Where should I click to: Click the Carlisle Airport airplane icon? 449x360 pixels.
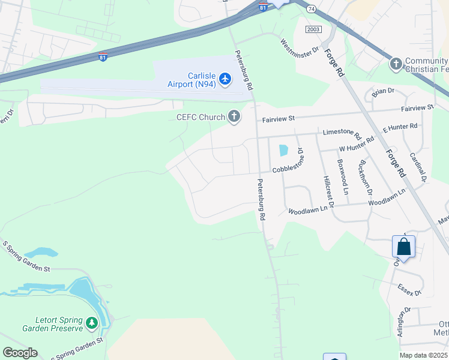(x=225, y=79)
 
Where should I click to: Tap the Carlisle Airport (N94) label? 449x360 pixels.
(x=192, y=79)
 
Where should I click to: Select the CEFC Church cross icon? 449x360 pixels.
(x=234, y=117)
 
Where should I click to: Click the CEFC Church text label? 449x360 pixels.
(x=200, y=118)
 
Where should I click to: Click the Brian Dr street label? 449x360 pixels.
(x=382, y=91)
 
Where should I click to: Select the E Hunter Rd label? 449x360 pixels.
(x=400, y=127)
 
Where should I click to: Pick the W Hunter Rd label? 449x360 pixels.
(x=357, y=144)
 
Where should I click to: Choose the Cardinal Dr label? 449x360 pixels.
(x=418, y=166)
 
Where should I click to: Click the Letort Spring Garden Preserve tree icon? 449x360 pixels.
(x=91, y=324)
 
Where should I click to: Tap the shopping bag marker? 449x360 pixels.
(x=403, y=247)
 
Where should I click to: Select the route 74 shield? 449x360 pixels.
(x=310, y=9)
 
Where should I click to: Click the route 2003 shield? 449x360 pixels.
(x=313, y=29)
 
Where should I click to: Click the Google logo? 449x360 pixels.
(x=20, y=353)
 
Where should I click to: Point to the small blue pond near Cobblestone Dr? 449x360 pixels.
(x=283, y=151)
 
